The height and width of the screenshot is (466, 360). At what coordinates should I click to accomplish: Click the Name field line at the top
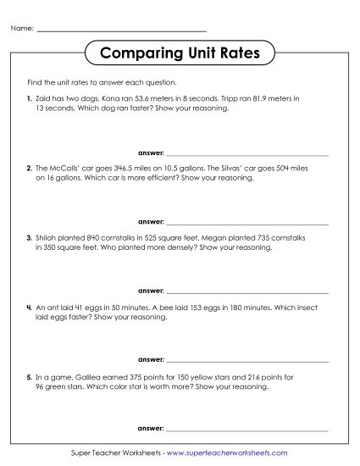click(122, 31)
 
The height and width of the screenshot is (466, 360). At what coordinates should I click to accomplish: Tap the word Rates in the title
click(240, 54)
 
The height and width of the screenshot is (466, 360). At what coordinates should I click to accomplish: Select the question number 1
click(29, 100)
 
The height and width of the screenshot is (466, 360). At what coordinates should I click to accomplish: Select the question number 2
click(29, 169)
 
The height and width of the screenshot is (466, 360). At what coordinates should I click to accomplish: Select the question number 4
click(29, 307)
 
